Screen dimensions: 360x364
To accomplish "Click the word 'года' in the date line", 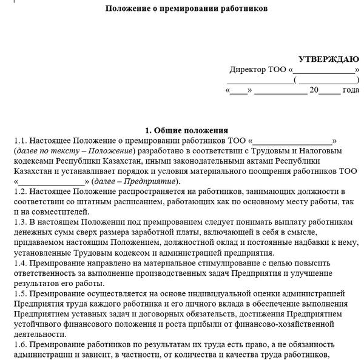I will pos(351,90).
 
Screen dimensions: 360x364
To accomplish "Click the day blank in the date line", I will pos(240,91).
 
